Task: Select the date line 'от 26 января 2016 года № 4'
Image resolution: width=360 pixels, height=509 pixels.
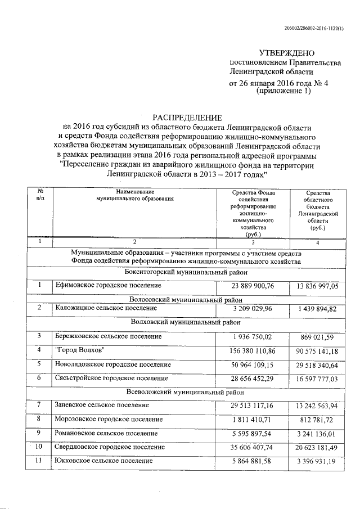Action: (x=278, y=83)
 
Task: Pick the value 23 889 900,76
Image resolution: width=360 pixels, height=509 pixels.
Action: (x=251, y=286)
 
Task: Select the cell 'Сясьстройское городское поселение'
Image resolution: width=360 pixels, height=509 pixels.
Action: (x=111, y=379)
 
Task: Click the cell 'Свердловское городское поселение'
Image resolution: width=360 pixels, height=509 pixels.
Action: (x=110, y=447)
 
